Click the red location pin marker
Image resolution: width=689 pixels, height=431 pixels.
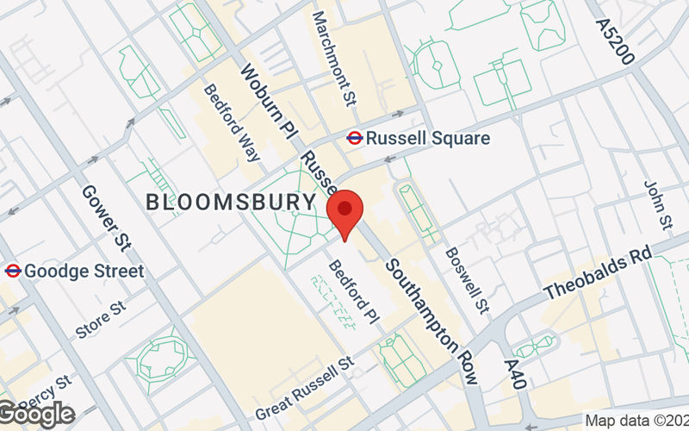345,212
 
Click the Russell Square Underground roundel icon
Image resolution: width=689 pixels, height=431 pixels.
354,137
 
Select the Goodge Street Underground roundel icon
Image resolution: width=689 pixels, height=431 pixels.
12,271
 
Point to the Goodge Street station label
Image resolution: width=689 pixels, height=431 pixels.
84,271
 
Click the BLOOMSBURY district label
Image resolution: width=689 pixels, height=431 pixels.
231,203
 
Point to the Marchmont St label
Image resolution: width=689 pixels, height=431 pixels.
334,49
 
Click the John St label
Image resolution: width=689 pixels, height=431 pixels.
658,204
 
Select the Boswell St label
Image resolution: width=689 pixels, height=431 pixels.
466,281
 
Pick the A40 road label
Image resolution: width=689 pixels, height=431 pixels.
512,376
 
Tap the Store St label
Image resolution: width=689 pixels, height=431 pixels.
101,319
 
